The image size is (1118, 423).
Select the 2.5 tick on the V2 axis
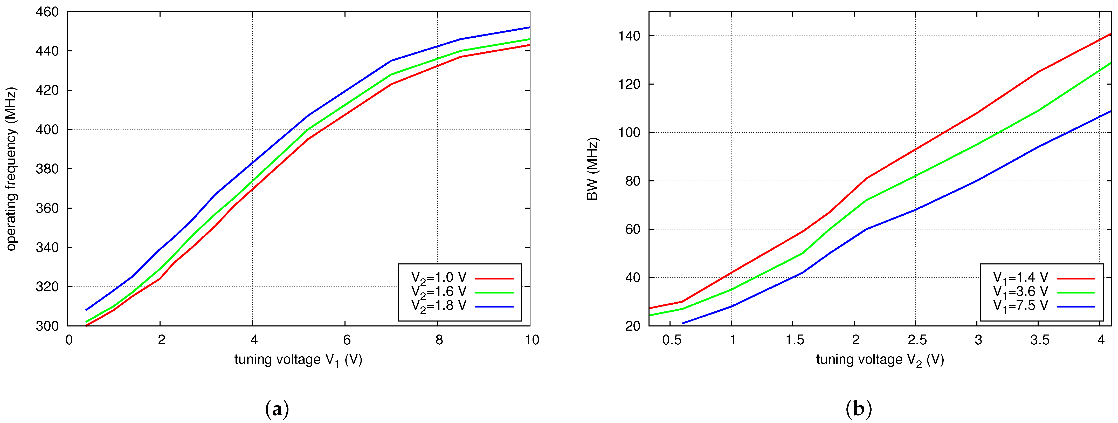(917, 340)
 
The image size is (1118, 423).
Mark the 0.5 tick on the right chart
(671, 340)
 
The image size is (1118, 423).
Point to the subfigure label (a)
(277, 409)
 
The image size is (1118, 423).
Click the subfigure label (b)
(858, 409)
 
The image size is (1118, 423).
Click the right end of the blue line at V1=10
(529, 27)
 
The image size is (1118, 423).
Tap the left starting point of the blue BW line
(683, 323)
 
